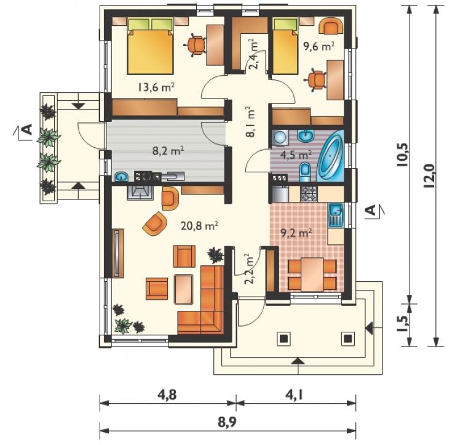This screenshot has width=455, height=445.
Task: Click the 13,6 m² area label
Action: (156, 87)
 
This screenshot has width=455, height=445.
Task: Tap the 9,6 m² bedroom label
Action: (318, 46)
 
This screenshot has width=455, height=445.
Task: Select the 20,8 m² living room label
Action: (199, 226)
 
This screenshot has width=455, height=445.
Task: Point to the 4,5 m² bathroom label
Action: (296, 155)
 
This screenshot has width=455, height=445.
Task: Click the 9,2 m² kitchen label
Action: (296, 233)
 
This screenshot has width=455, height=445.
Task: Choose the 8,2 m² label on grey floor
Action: (168, 151)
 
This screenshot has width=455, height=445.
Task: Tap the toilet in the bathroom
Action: (305, 172)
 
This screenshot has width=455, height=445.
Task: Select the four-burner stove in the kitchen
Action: (309, 194)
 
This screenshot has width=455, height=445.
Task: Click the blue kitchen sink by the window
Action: (336, 215)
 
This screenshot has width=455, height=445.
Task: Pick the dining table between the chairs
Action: (312, 275)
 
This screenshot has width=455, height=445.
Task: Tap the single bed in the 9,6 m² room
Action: (285, 46)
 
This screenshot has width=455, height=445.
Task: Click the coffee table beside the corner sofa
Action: (183, 289)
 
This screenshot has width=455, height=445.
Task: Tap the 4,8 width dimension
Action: (167, 395)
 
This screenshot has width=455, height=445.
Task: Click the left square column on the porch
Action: (283, 339)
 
